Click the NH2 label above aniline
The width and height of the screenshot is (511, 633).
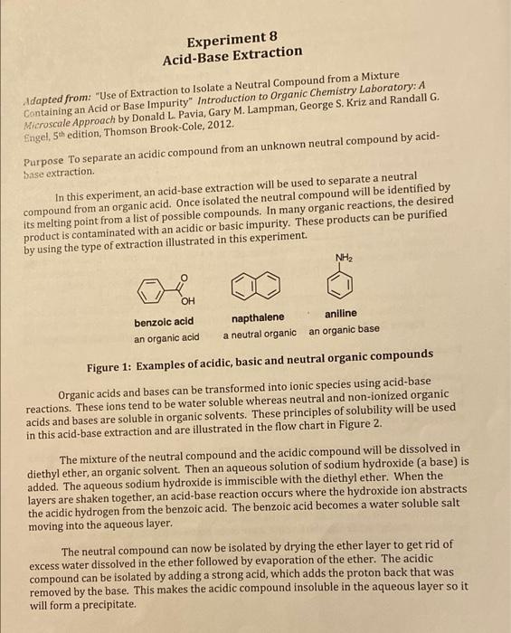tap(343, 259)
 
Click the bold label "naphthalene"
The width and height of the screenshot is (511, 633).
tap(257, 317)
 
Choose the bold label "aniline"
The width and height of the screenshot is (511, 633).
tap(340, 314)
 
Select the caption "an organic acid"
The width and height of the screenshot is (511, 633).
tap(166, 337)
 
